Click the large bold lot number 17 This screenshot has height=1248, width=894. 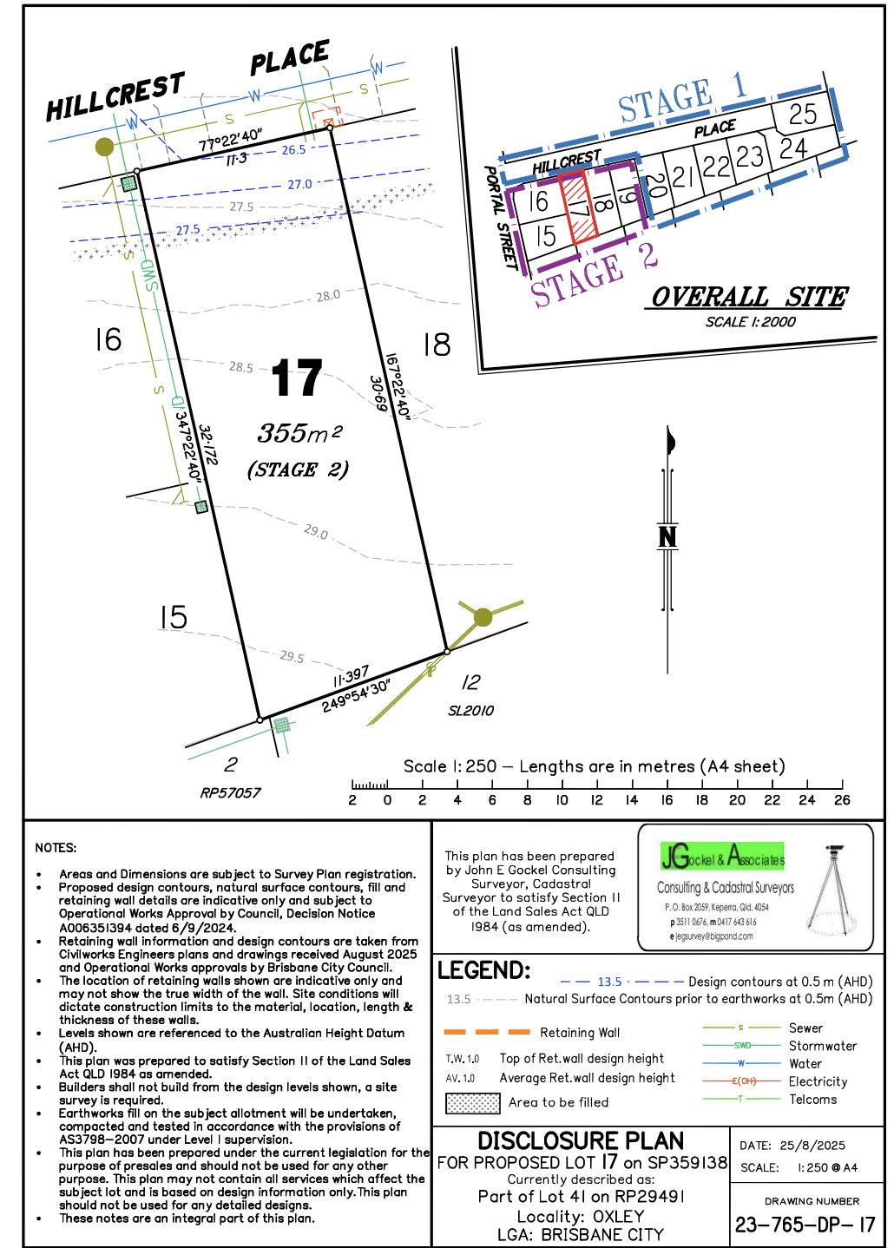(x=297, y=378)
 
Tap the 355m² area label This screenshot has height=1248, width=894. (x=299, y=432)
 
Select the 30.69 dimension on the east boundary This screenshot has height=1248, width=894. (x=378, y=394)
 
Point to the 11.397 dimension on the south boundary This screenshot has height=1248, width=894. (x=351, y=677)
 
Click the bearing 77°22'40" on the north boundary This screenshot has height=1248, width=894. (x=230, y=140)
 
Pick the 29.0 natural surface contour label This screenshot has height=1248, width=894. (x=316, y=531)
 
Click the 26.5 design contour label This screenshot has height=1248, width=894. (x=293, y=150)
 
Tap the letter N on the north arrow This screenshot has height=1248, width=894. (x=667, y=537)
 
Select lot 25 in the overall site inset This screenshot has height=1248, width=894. (x=803, y=114)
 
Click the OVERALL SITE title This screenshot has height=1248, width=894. (x=749, y=297)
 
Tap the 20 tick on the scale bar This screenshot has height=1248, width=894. (x=737, y=800)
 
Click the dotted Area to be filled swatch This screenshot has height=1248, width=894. (x=472, y=1103)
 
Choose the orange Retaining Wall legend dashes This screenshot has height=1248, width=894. (x=486, y=1033)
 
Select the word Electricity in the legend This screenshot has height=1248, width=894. (x=818, y=1081)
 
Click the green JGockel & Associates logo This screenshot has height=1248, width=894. (x=722, y=857)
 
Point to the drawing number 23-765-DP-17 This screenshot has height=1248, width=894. (x=805, y=1225)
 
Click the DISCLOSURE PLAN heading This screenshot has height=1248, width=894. (x=581, y=1140)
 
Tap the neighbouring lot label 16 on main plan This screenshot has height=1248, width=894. (x=108, y=339)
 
